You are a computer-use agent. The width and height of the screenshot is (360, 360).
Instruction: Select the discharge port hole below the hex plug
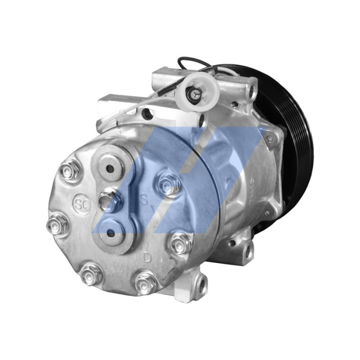110,235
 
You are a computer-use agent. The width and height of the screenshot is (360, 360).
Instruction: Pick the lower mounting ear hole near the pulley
249,251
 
